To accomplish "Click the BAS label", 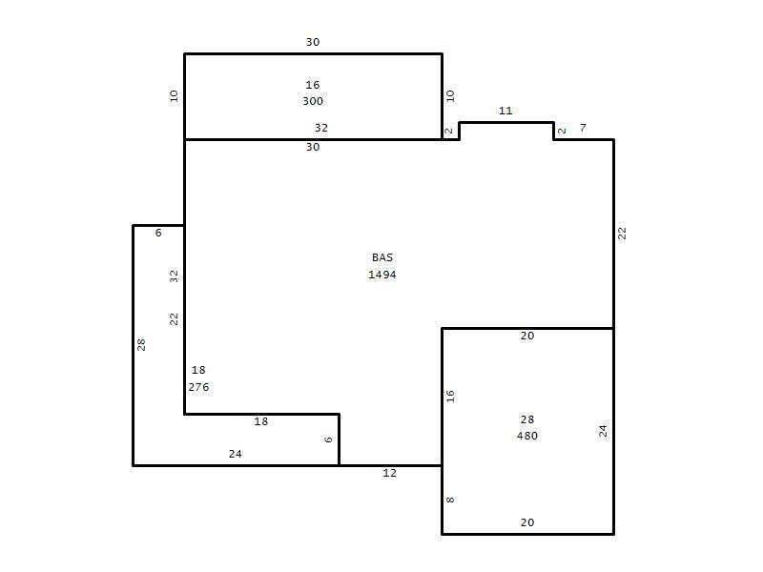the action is pyautogui.click(x=382, y=257).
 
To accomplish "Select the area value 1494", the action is pyautogui.click(x=382, y=275).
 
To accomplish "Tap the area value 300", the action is pyautogui.click(x=313, y=101).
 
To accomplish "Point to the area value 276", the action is pyautogui.click(x=198, y=387).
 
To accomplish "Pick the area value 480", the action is pyautogui.click(x=527, y=436).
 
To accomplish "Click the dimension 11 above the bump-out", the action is pyautogui.click(x=505, y=111).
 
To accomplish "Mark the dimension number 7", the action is pyautogui.click(x=583, y=128).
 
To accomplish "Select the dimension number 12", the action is pyautogui.click(x=389, y=473).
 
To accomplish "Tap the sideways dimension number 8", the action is pyautogui.click(x=450, y=500).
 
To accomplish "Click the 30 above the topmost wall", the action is pyautogui.click(x=313, y=42).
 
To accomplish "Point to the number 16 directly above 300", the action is pyautogui.click(x=313, y=85).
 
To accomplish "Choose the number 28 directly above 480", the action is pyautogui.click(x=527, y=419).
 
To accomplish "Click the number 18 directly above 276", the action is pyautogui.click(x=198, y=370).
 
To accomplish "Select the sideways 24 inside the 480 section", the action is pyautogui.click(x=603, y=431).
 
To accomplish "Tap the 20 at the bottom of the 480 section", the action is pyautogui.click(x=527, y=522).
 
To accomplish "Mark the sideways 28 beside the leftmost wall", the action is pyautogui.click(x=141, y=345).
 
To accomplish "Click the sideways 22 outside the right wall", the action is pyautogui.click(x=622, y=234).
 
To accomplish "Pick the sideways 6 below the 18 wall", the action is pyautogui.click(x=328, y=439).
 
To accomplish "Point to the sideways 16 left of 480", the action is pyautogui.click(x=450, y=396).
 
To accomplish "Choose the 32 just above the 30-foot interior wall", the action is pyautogui.click(x=321, y=128).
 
